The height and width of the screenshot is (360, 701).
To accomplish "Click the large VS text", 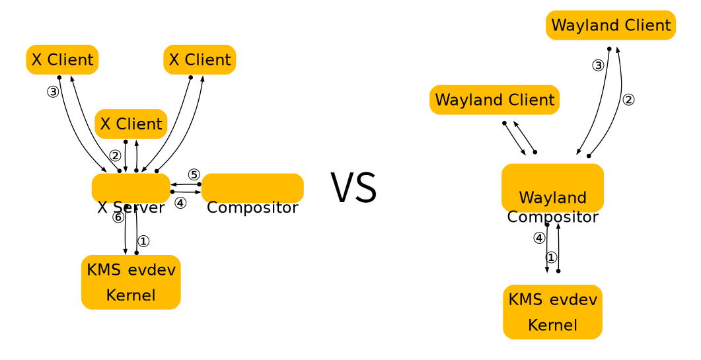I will coord(353,188).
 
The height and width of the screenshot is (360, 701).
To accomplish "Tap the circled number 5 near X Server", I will coord(194,174).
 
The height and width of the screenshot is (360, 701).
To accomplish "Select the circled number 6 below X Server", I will coord(118,217).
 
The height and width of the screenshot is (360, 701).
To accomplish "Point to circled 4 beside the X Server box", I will coord(180,203).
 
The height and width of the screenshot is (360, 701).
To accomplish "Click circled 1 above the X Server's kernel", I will coord(143,241).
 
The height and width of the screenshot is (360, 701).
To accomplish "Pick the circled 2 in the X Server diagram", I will coord(115,156).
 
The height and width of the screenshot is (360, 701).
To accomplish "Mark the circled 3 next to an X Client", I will coord(53,92).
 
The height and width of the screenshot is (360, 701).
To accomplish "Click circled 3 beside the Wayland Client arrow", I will coord(598,65).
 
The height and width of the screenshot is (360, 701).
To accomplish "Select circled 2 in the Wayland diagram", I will coord(628,100).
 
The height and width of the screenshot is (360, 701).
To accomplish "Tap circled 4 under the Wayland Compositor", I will coord(539,238).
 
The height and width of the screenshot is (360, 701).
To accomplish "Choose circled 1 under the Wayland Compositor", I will coord(551,257).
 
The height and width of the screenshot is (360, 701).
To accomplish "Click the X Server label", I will coord(131,207).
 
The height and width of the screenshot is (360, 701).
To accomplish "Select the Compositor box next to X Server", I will coord(252,188).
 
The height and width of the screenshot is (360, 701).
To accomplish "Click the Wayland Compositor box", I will coord(552,188).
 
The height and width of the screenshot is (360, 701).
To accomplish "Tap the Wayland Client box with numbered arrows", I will coord(610,26).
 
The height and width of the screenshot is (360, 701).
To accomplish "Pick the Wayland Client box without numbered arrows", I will coord(494,100).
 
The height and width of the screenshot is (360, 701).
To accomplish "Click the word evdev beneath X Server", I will coord(152,270).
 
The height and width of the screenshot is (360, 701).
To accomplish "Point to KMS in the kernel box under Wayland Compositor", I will coord(525,299).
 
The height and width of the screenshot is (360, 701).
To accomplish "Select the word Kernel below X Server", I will coord(131,295).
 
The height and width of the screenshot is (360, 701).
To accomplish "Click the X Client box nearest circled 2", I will coord(131,124).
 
